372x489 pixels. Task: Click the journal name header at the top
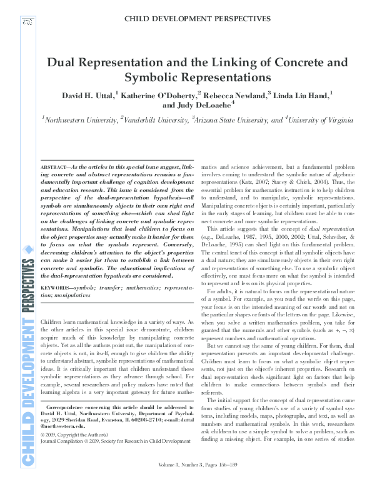197,19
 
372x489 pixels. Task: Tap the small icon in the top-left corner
26,22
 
